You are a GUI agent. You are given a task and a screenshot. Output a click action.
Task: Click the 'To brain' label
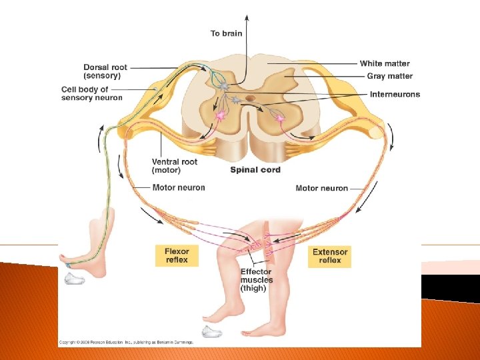coord(227,33)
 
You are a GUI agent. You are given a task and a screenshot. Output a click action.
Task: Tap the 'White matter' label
coord(385,64)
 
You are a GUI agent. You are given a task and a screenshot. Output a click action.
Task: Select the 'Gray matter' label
coord(389,77)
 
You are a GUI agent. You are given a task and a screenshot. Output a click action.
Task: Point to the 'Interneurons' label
coord(395,95)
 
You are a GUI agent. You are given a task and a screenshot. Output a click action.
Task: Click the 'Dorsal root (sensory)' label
coord(105,72)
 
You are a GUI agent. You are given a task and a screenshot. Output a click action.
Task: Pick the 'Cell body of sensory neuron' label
coord(92,94)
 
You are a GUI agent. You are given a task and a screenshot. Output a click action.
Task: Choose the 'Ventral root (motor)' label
coord(175,166)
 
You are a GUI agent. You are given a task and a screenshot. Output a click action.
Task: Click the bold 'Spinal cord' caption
coord(255,170)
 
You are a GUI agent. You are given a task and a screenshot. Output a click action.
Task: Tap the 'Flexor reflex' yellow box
coord(177,256)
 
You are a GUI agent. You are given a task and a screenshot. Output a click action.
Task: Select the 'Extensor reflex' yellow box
coord(330,256)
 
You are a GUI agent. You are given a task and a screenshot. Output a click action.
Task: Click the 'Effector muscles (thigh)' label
coord(257,280)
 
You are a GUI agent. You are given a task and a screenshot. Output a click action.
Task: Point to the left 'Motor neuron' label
coord(179,188)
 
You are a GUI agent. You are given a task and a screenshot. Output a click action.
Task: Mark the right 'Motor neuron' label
coord(322,189)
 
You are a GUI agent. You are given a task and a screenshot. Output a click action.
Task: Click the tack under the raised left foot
coord(74,279)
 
